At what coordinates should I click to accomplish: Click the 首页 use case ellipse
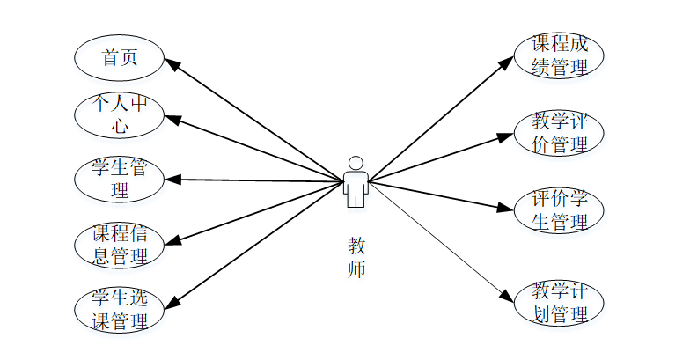coord(119,58)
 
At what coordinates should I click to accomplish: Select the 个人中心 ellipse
coord(119,115)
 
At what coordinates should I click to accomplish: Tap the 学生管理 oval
coord(119,179)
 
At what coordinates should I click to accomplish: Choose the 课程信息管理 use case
coord(119,246)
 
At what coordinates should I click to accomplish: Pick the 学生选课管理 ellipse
coord(119,309)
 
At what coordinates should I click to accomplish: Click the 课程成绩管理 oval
coord(559,55)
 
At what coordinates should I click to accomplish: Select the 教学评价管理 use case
coord(559,133)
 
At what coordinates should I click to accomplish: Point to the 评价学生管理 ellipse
coord(559,210)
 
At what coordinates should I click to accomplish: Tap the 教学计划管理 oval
coord(559,302)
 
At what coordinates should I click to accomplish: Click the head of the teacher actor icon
coord(356,163)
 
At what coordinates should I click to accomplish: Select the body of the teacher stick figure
coord(356,187)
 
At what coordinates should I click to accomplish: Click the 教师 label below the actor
coord(356,257)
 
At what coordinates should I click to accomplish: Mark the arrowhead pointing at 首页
coord(172,63)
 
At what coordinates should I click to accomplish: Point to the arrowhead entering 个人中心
coord(172,118)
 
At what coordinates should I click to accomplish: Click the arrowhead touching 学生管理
coord(172,180)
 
